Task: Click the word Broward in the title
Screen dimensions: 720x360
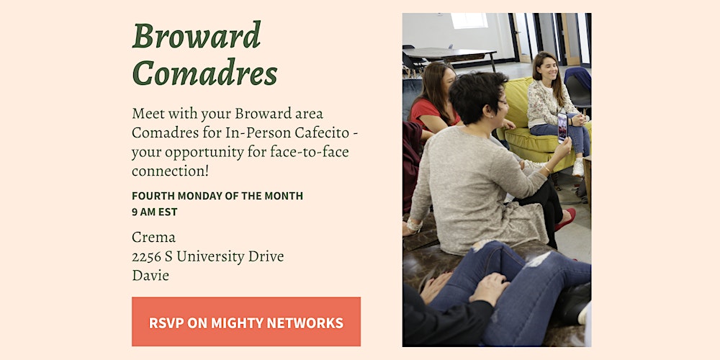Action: pos(197,35)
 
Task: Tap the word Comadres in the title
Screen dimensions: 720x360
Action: pos(204,72)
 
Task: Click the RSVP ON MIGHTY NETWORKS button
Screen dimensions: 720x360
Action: pos(246,321)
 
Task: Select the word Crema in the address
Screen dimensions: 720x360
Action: pos(154,238)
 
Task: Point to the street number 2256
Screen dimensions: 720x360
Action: pos(146,257)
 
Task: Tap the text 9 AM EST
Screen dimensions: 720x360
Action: pos(155,212)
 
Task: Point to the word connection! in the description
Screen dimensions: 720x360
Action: pos(171,171)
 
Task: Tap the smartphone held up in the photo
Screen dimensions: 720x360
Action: pos(562,127)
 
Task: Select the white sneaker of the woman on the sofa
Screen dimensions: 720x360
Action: pos(578,168)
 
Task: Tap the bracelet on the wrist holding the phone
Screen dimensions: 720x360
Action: pos(546,169)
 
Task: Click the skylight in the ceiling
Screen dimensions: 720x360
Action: pos(469,21)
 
